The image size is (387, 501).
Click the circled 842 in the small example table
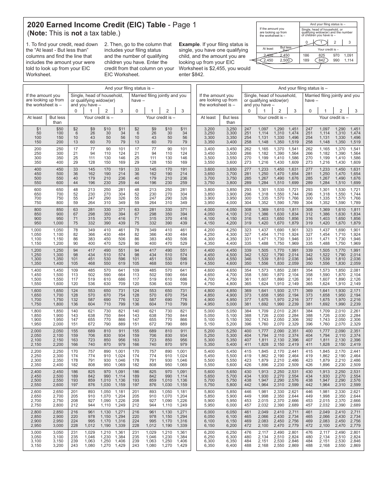[321, 60]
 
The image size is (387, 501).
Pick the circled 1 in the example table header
[321, 42]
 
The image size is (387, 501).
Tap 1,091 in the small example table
[348, 55]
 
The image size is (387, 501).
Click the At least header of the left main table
[35, 117]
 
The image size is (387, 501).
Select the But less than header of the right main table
[231, 120]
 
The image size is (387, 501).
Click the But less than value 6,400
[231, 446]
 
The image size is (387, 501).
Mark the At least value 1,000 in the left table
[36, 230]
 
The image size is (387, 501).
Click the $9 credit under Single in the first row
[92, 129]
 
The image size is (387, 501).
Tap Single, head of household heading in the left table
[97, 96]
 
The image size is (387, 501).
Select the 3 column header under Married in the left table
[183, 111]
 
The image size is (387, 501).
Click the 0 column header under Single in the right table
[248, 111]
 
